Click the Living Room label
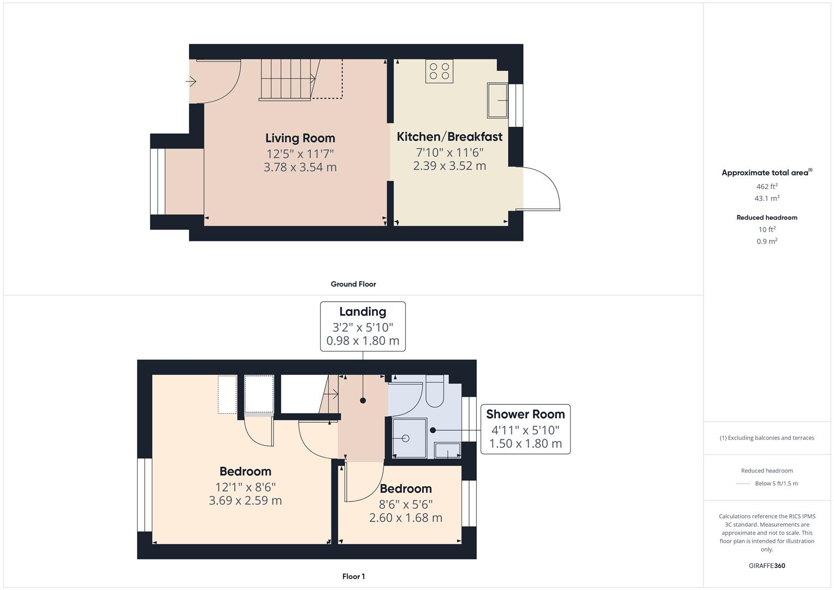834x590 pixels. [x=300, y=138]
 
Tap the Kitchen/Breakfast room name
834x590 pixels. [x=449, y=137]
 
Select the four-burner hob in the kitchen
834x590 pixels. [x=439, y=71]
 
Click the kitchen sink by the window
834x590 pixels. [x=497, y=101]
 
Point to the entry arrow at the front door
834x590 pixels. [x=191, y=81]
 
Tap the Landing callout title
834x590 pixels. [x=363, y=312]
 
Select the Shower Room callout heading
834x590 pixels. [x=525, y=415]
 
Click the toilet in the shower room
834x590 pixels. [x=435, y=393]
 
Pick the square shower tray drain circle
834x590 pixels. [x=405, y=438]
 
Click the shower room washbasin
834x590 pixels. [x=447, y=451]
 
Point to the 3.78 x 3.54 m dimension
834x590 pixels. [x=300, y=167]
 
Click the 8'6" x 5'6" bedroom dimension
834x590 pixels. [x=406, y=504]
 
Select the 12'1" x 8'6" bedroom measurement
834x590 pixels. [x=245, y=487]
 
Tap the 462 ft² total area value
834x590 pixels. [x=767, y=186]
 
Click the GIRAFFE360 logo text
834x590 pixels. [x=767, y=565]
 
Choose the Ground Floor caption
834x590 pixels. [x=353, y=284]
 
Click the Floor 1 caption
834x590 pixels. [x=353, y=576]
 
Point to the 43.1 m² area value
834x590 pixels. [x=767, y=198]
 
